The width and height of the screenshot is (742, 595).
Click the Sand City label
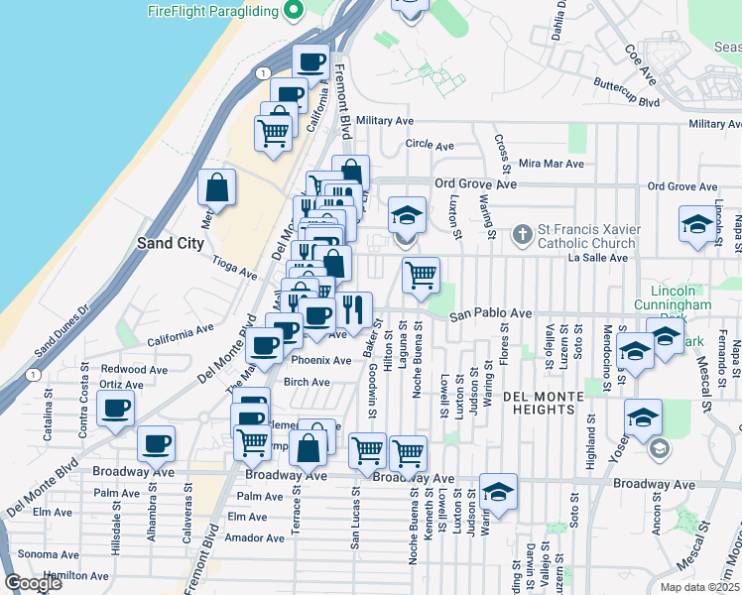171,242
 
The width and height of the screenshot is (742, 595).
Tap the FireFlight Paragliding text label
212,12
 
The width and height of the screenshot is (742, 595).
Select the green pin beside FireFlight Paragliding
294,12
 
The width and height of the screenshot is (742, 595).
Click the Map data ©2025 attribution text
699,587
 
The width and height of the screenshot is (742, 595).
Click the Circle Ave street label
430,144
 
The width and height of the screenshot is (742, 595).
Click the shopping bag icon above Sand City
217,186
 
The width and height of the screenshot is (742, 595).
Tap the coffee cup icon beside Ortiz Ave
115,408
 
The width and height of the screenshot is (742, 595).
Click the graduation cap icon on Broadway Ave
498,490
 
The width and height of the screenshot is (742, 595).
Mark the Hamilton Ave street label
77,575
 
